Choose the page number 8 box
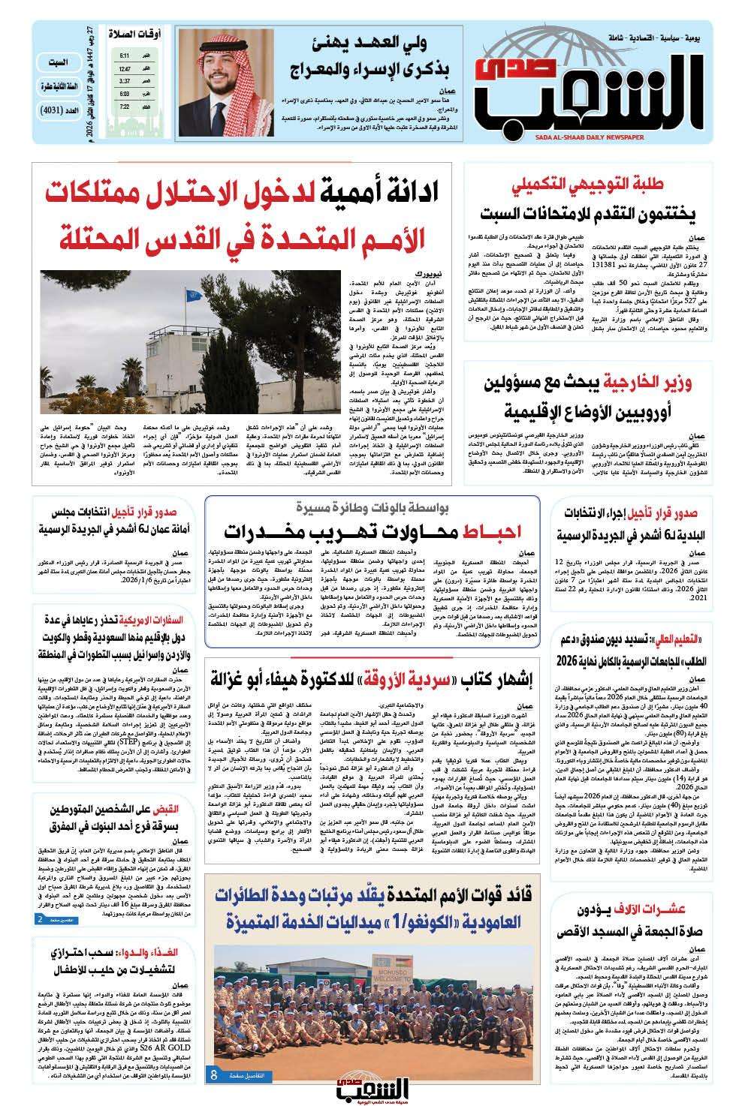click(214, 1074)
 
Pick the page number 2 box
click(41, 919)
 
